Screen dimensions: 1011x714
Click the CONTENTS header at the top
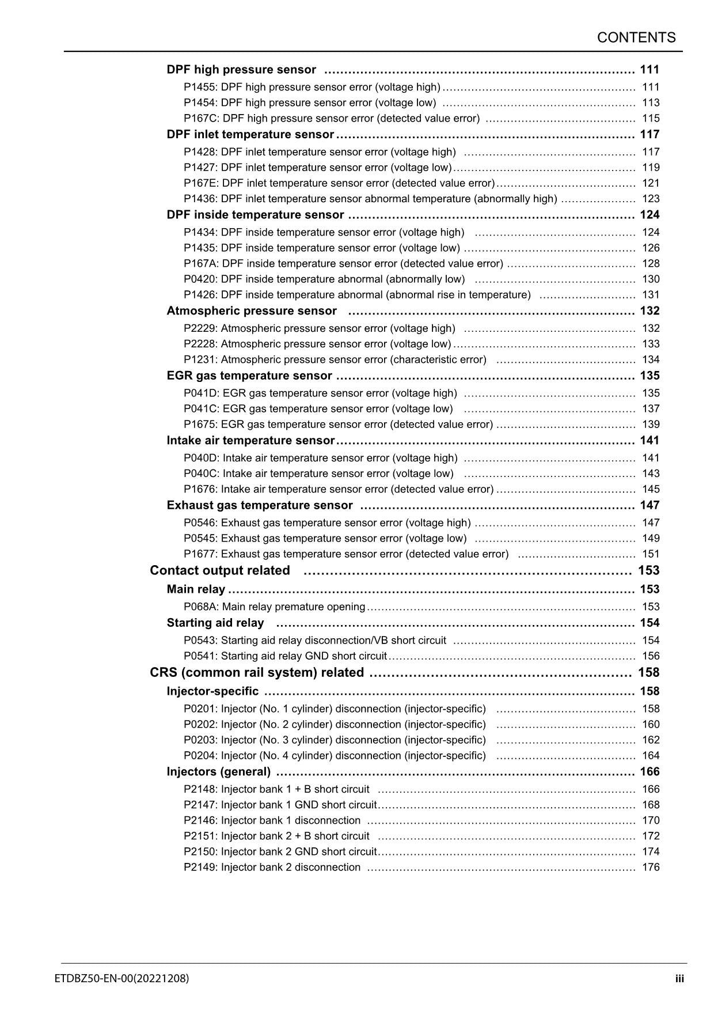(636, 38)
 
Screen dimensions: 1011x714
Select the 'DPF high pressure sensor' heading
(241, 70)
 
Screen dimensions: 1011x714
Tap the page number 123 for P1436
(651, 199)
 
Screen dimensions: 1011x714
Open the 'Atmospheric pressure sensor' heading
(252, 311)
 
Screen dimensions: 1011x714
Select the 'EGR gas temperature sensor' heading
(249, 376)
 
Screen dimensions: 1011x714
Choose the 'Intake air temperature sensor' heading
(250, 441)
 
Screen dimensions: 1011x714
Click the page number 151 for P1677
(651, 554)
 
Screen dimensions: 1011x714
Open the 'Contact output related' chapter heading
(220, 570)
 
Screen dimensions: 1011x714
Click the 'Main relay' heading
(196, 589)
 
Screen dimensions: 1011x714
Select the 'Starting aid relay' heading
(215, 623)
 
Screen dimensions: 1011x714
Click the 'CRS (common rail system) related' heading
(257, 673)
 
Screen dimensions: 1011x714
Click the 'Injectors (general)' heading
(219, 772)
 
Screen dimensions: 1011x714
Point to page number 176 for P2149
(651, 868)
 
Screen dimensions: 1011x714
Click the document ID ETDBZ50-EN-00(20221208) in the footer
(122, 978)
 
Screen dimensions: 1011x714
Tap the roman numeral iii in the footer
(680, 979)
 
